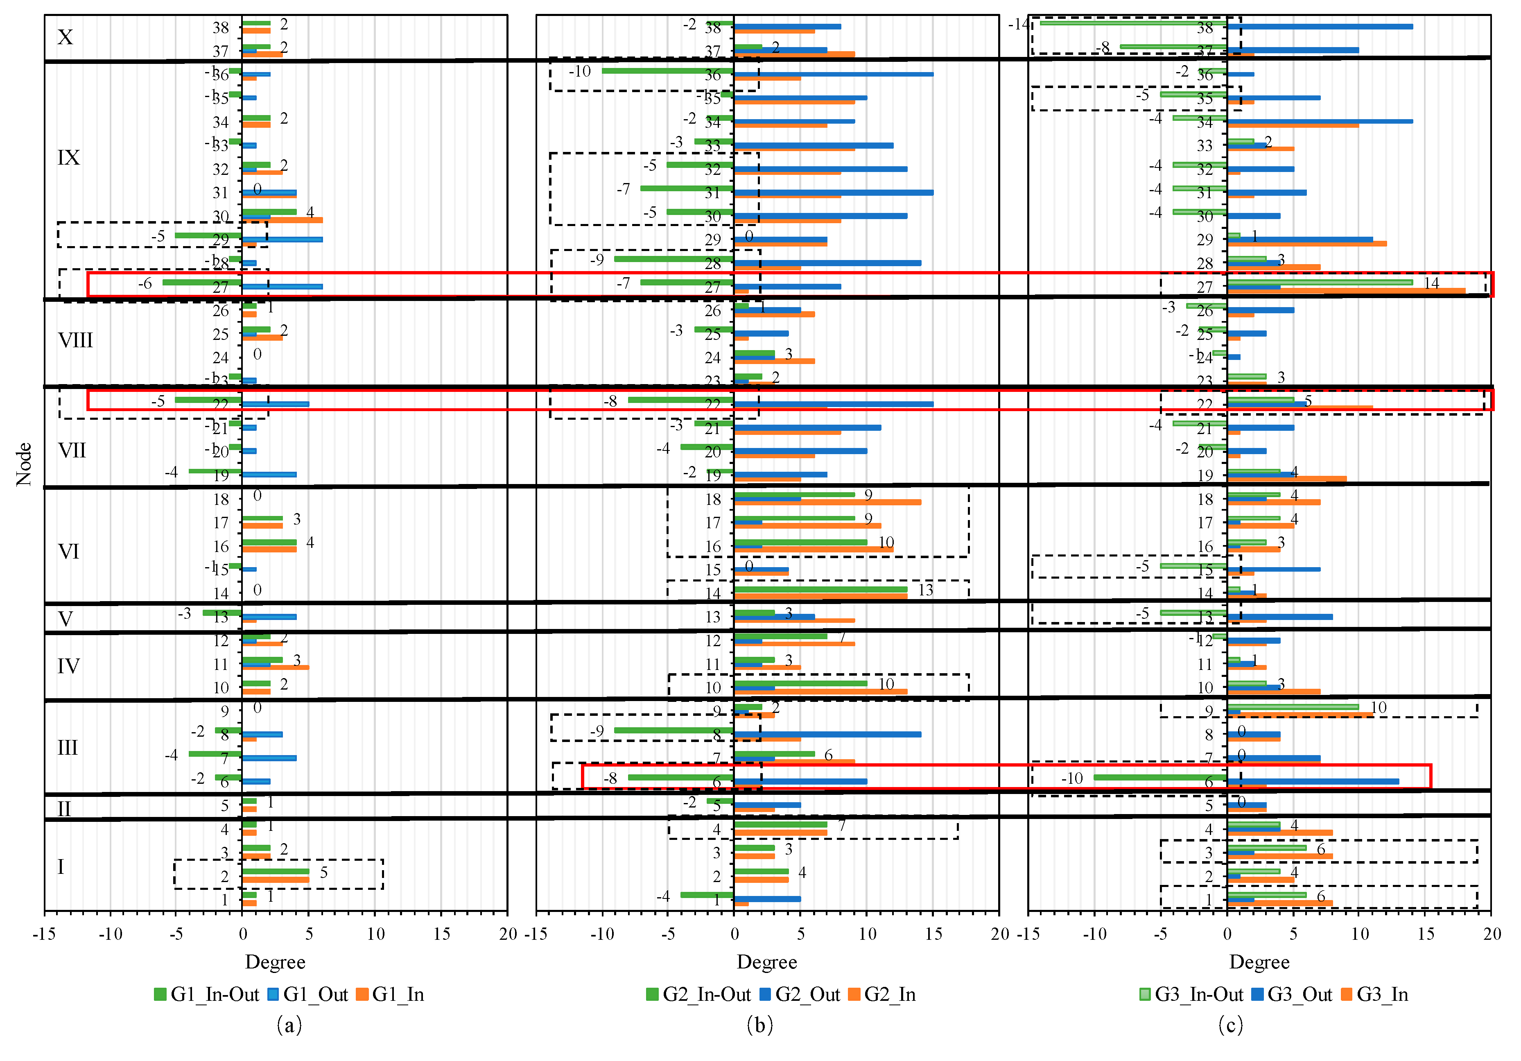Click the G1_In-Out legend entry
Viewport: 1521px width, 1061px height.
[207, 994]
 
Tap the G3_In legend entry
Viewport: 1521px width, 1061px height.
[1374, 994]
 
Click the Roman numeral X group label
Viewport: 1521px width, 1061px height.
[65, 37]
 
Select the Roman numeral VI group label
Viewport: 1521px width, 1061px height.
[69, 551]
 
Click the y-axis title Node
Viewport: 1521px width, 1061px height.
[24, 464]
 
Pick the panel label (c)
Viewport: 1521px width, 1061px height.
[1230, 1025]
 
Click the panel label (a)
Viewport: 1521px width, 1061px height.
[289, 1025]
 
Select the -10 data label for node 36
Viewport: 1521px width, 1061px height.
[580, 71]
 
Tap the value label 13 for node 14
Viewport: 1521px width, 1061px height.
[925, 590]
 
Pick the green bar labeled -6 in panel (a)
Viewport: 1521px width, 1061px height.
[202, 282]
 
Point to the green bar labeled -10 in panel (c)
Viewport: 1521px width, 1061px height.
[1159, 777]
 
